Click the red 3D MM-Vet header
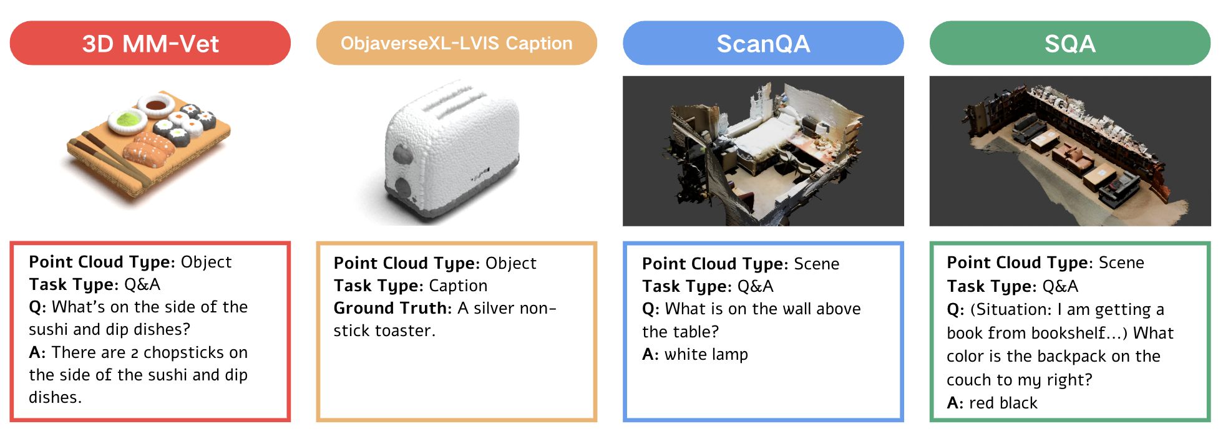(150, 43)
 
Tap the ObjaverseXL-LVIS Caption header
(457, 43)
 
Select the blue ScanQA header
(763, 43)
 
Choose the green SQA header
(1070, 43)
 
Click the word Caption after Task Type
(458, 286)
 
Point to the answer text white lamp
(706, 355)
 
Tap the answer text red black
(1003, 403)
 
